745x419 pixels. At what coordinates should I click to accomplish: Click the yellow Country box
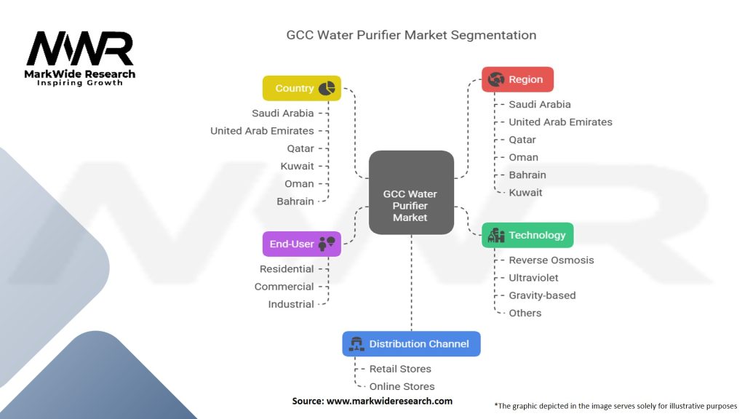point(302,88)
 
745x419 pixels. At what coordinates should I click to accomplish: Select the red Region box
point(517,79)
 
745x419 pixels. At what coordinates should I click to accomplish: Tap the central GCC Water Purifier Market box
point(412,192)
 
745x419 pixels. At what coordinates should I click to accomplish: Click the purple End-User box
point(302,244)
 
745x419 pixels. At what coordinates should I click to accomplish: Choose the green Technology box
point(527,235)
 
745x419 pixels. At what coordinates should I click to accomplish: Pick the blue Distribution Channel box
point(412,344)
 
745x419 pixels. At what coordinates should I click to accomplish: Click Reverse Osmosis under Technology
point(551,260)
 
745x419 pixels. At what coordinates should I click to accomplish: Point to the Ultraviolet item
point(533,278)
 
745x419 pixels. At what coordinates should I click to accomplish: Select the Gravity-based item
point(542,295)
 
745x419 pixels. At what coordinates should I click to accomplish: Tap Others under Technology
point(525,313)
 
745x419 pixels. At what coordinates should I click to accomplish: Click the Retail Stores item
point(400,369)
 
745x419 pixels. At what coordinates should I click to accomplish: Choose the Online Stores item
point(402,387)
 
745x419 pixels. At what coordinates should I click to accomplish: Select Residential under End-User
point(287,269)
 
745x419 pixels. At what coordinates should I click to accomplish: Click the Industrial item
point(291,305)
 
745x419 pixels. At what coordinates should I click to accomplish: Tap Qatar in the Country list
point(300,148)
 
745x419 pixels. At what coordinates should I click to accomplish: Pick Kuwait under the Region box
point(525,193)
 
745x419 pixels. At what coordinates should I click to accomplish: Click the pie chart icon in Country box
point(327,88)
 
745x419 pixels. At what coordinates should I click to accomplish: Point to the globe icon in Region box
point(496,79)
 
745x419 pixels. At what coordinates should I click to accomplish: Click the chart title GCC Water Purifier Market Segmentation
point(412,35)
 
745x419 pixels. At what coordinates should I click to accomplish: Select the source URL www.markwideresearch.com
point(390,401)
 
